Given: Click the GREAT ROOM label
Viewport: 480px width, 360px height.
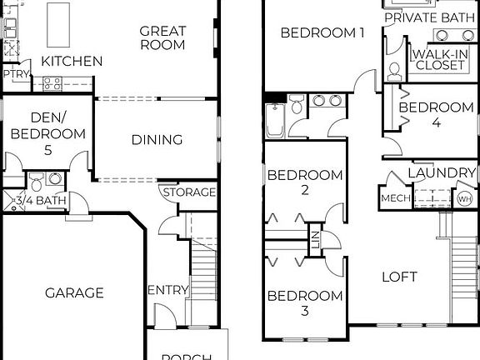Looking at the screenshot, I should (162, 37).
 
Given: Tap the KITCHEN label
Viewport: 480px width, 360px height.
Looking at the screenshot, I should (72, 61).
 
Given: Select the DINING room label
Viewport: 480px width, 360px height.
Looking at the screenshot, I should (157, 139).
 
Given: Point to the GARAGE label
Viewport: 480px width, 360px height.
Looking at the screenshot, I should (74, 292).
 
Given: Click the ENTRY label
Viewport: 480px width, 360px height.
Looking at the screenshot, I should (167, 290).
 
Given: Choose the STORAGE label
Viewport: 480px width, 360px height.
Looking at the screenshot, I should (189, 192).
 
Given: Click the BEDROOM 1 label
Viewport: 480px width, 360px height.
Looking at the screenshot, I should (322, 33).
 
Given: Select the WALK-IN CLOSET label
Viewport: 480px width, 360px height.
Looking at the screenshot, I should (439, 59).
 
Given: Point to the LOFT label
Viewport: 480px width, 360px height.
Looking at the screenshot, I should (399, 277).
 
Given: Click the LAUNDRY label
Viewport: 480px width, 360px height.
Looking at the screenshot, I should (442, 172).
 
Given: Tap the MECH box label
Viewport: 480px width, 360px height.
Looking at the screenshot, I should (393, 198).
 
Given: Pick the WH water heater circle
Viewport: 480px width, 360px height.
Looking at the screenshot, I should (464, 198).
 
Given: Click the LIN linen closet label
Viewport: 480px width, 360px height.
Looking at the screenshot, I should (315, 236).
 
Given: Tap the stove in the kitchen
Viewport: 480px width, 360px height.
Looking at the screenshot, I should (52, 82).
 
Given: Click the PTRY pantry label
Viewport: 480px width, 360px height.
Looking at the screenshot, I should (14, 74).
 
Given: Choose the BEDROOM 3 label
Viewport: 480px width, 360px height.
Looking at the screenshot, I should (305, 303).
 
